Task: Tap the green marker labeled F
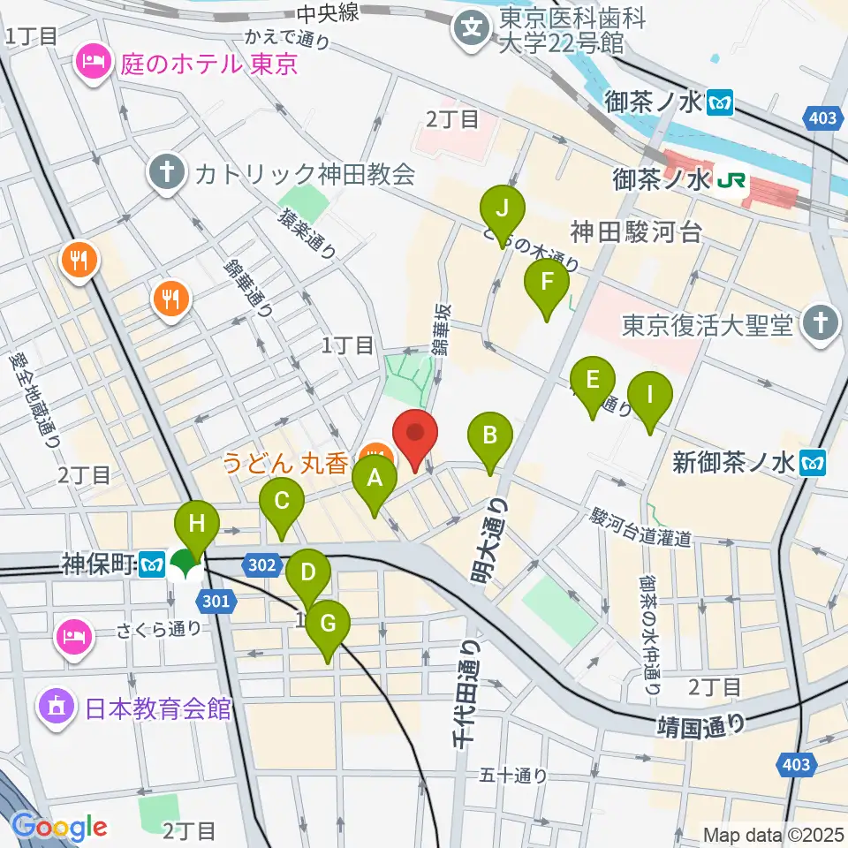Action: pyautogui.click(x=547, y=284)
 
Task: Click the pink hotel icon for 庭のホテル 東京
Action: pyautogui.click(x=92, y=61)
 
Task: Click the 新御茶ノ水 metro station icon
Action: pyautogui.click(x=813, y=461)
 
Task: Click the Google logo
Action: pyautogui.click(x=59, y=827)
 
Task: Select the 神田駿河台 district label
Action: pyautogui.click(x=636, y=232)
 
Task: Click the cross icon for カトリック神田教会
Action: pyautogui.click(x=165, y=170)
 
